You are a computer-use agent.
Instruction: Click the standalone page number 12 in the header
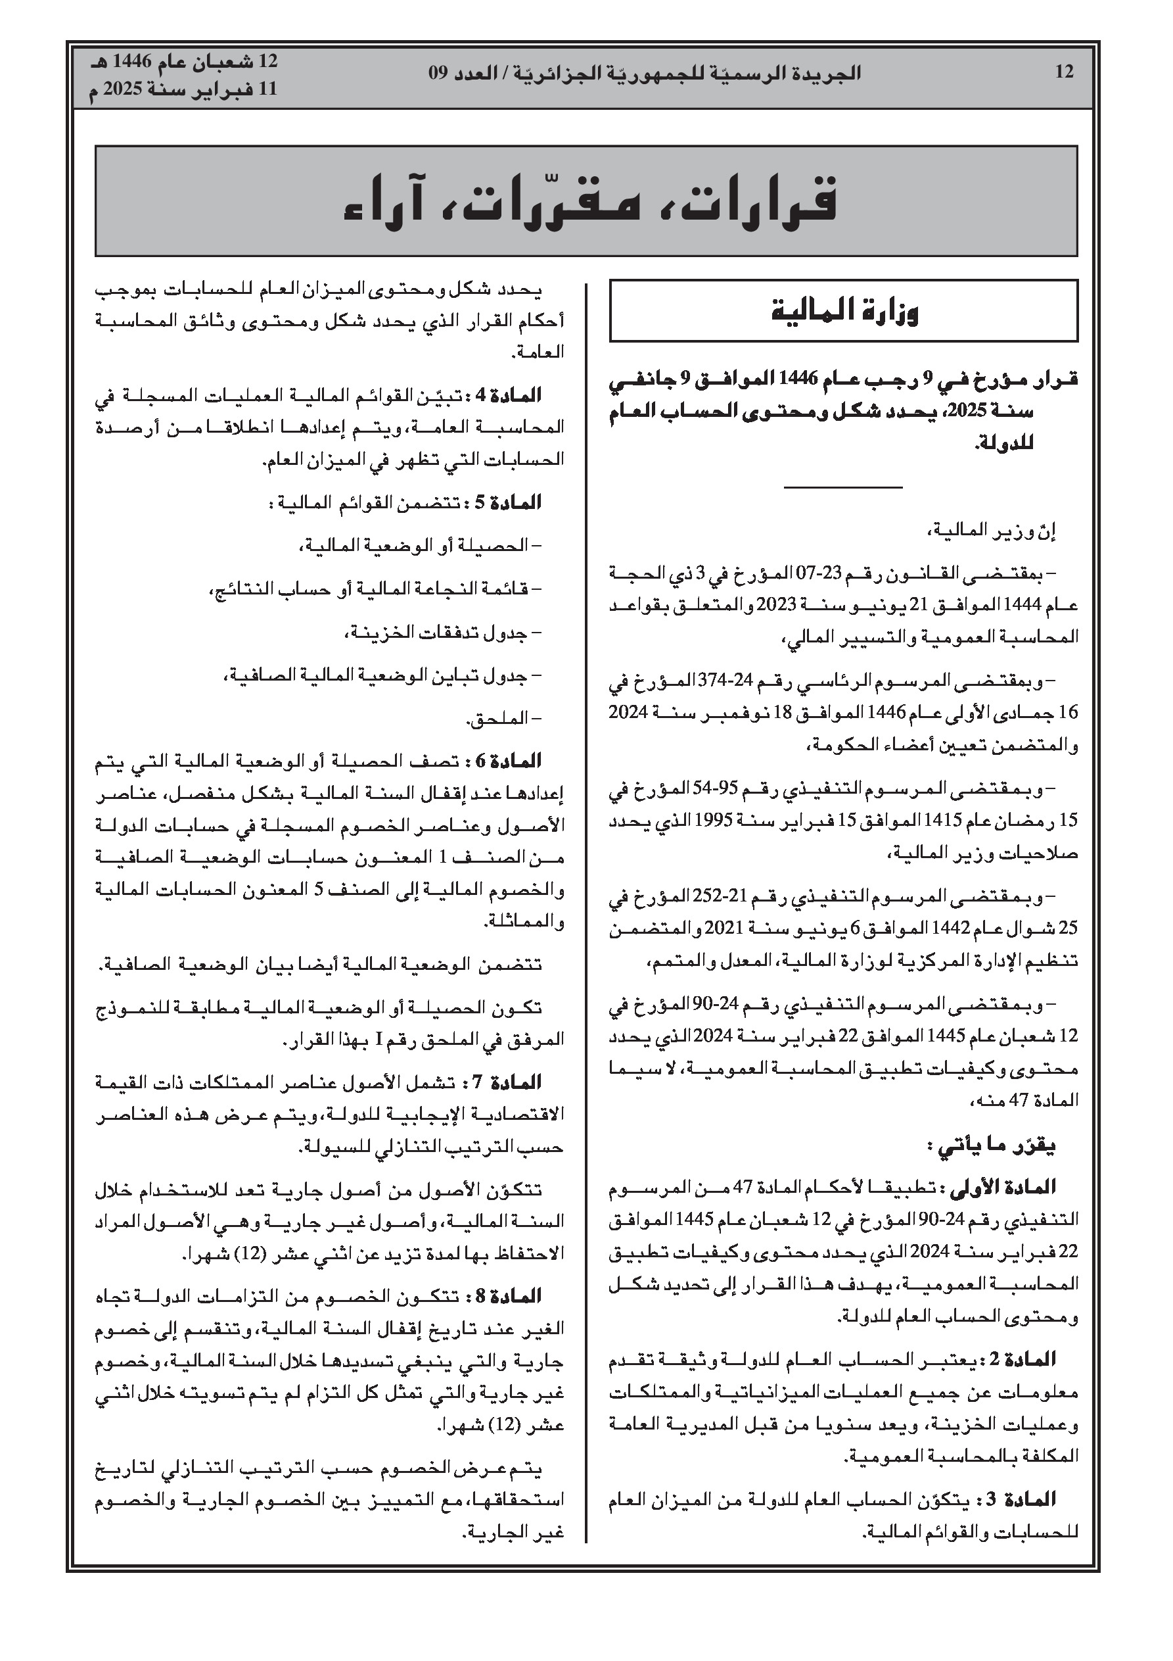point(1064,72)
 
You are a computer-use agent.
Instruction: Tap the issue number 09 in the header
point(439,73)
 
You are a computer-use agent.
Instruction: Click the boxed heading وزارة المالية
point(843,311)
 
